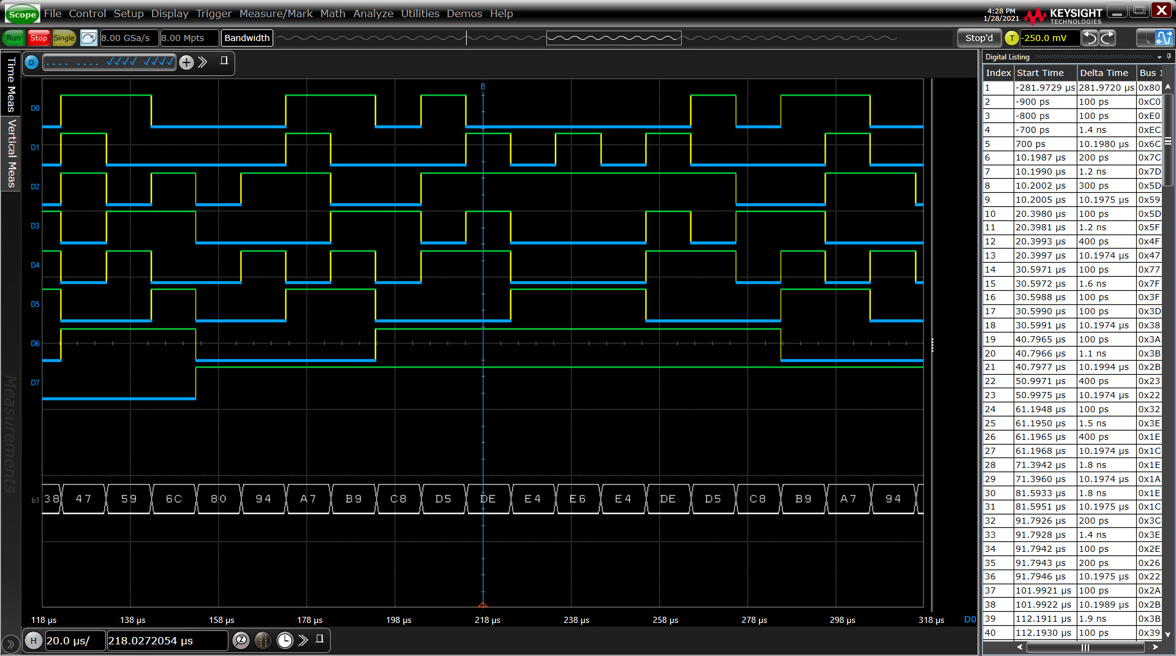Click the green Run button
[x=13, y=38]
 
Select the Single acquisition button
[x=64, y=38]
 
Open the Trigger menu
[x=214, y=13]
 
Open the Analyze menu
[x=373, y=13]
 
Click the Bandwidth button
[x=247, y=38]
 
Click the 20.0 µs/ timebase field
[x=74, y=641]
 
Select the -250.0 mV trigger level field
[x=1049, y=38]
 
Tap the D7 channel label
[x=35, y=383]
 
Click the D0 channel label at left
[x=35, y=108]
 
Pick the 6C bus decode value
[x=174, y=499]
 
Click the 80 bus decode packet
[x=219, y=499]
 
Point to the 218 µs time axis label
[x=488, y=620]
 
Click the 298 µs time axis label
[x=843, y=620]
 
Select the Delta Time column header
[x=1104, y=73]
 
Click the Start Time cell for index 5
[x=1045, y=144]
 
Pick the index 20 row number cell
[x=998, y=353]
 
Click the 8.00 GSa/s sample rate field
[x=129, y=38]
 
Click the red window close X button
[x=1161, y=10]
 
